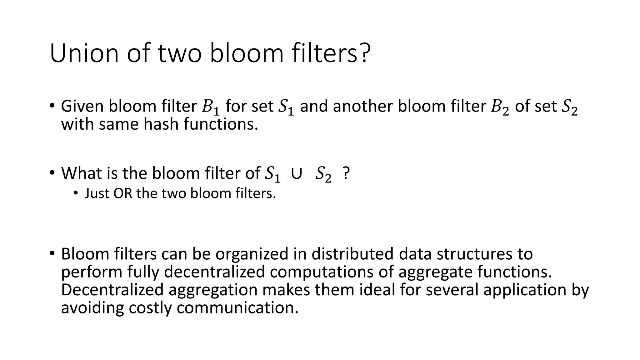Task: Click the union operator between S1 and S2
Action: coord(296,174)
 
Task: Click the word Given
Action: coord(82,106)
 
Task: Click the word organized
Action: coord(252,254)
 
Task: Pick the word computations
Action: coord(322,272)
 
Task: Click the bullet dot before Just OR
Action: coord(75,193)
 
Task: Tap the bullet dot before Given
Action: coord(52,106)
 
